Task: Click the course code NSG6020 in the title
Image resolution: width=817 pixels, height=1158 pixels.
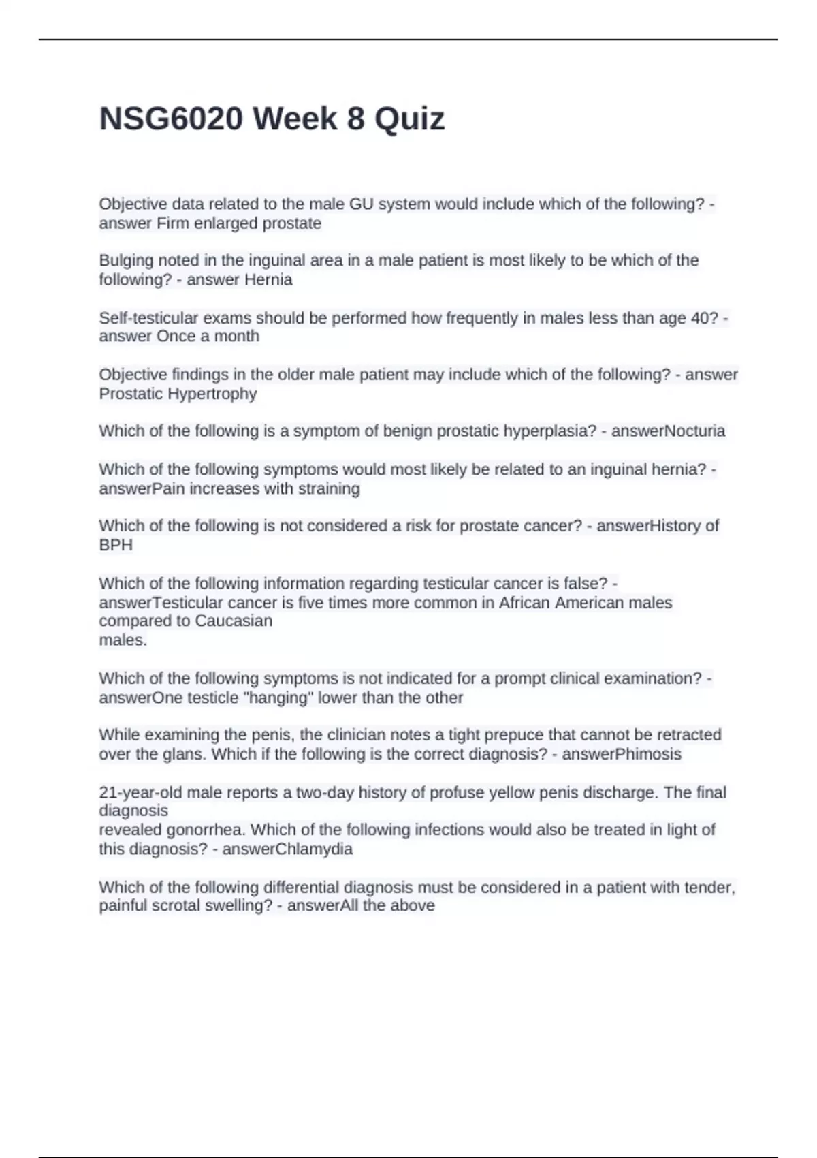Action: pyautogui.click(x=171, y=119)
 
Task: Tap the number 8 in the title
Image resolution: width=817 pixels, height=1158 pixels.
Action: pyautogui.click(x=355, y=119)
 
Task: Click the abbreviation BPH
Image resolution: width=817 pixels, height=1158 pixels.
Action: pyautogui.click(x=116, y=545)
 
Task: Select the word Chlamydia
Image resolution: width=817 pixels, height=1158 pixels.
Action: pyautogui.click(x=321, y=849)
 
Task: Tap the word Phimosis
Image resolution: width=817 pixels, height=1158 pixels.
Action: pyautogui.click(x=648, y=754)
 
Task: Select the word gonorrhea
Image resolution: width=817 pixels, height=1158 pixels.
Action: pyautogui.click(x=206, y=830)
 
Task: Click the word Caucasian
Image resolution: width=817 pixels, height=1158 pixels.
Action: pyautogui.click(x=234, y=621)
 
